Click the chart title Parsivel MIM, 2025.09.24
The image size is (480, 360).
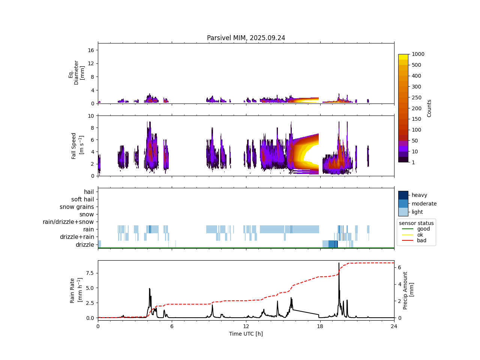pos(246,38)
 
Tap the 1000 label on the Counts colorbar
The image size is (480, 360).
pos(418,54)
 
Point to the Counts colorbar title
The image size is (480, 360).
pos(429,108)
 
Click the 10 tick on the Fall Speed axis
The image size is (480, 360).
pos(91,115)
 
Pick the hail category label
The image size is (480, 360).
pos(89,192)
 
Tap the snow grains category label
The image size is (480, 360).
pos(77,207)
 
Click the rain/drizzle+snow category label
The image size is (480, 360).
pos(68,222)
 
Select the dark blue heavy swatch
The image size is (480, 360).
pos(403,195)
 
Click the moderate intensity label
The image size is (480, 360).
pos(424,204)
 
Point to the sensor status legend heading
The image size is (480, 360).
pos(416,223)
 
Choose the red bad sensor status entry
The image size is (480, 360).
pos(421,240)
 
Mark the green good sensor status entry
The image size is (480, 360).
pos(423,229)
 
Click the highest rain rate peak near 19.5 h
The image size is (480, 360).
pos(339,263)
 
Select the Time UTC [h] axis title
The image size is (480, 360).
pos(246,334)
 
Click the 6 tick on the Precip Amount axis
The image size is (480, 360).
pos(400,267)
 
